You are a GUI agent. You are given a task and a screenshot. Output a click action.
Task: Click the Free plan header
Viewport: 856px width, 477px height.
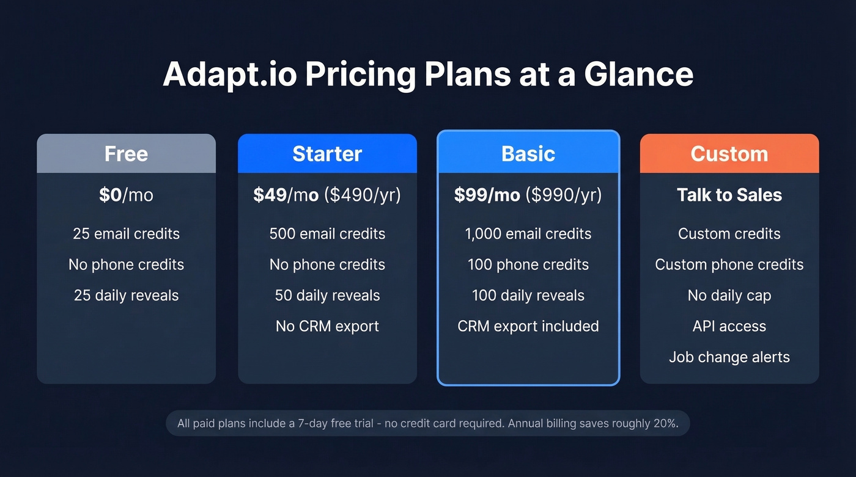point(126,153)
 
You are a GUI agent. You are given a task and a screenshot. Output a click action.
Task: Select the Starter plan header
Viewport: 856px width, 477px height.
point(327,153)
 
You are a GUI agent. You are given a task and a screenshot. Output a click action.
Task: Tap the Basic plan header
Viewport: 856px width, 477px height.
point(528,153)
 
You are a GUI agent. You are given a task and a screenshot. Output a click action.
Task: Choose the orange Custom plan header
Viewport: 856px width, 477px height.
point(729,153)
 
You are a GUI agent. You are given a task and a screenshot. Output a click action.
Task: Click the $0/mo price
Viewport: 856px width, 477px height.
point(126,195)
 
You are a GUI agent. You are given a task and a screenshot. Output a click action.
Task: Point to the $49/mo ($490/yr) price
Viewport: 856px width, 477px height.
point(327,195)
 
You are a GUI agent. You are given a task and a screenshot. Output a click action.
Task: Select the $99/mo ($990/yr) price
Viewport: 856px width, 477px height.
point(528,195)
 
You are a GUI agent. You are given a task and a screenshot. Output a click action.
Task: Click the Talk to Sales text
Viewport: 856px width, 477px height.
point(729,195)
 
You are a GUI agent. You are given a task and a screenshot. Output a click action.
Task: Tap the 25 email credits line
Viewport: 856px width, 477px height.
point(126,234)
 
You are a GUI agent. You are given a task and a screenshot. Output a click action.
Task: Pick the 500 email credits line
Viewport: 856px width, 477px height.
point(327,234)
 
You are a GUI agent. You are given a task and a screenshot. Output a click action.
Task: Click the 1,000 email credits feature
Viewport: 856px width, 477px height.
point(528,234)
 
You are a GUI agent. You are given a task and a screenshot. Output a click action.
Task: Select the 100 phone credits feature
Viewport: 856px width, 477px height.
point(528,264)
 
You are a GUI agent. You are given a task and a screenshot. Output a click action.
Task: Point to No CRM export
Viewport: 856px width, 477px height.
point(327,326)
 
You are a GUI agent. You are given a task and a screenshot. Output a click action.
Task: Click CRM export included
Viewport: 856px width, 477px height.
point(528,326)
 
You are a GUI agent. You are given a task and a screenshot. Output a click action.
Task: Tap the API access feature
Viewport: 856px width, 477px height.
point(729,326)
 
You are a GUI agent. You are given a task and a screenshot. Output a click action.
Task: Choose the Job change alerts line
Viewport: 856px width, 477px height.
point(729,357)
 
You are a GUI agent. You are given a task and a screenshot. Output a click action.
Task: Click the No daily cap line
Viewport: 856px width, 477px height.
point(729,296)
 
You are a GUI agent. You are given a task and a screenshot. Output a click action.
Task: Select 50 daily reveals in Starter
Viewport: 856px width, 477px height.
point(327,296)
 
